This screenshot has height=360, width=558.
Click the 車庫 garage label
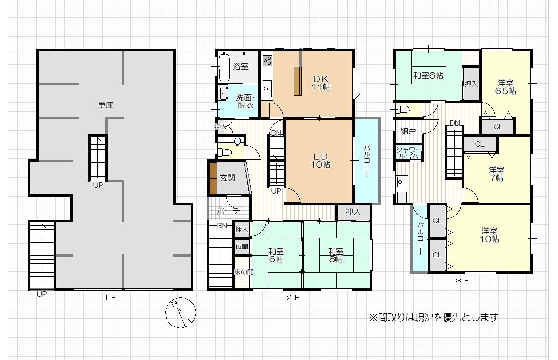tap(106, 105)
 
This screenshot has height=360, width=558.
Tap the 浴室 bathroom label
tap(241, 66)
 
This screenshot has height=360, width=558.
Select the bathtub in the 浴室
tap(224, 67)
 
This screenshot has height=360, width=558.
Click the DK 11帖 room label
tap(321, 83)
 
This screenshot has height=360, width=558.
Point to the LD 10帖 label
tap(320, 161)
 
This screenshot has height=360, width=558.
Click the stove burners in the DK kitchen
tap(267, 61)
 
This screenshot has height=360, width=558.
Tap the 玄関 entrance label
tap(227, 178)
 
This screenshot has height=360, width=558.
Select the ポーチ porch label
tap(228, 210)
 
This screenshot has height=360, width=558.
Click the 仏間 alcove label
tap(242, 247)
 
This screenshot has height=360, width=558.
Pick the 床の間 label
tap(244, 272)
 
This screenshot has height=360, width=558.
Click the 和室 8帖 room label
tap(335, 256)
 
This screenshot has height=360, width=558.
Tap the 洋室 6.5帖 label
tap(505, 87)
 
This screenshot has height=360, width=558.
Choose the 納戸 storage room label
tap(408, 131)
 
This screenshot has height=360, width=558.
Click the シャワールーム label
tap(409, 153)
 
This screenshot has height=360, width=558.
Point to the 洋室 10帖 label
tap(489, 235)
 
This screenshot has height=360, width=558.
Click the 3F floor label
tap(462, 281)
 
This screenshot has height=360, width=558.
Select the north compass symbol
tap(180, 312)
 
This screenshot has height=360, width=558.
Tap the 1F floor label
tap(110, 297)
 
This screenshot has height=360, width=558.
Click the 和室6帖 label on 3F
tap(428, 75)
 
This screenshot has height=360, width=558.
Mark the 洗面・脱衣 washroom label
tap(245, 101)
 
